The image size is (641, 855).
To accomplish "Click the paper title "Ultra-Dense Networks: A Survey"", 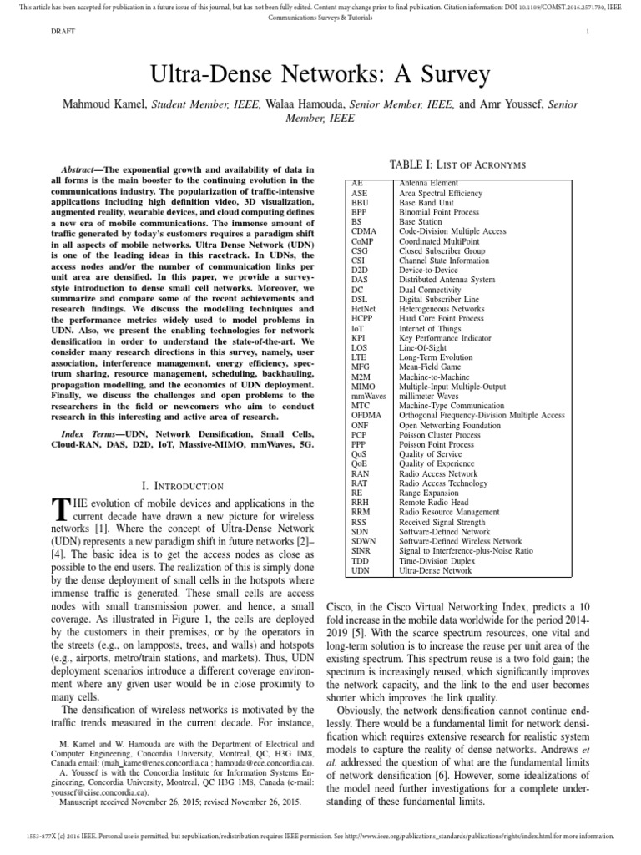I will coord(320,75).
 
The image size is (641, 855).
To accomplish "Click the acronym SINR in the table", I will coord(361,551).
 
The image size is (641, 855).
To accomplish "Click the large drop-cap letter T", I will coord(58,511).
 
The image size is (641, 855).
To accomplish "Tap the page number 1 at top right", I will coord(588,33).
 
